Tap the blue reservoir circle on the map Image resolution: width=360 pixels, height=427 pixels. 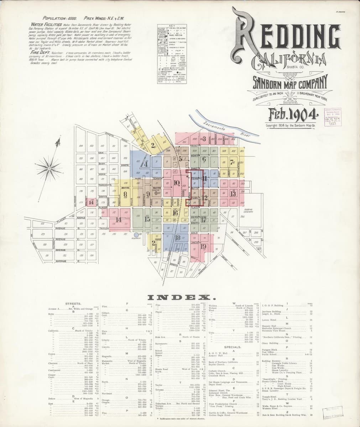click(136, 235)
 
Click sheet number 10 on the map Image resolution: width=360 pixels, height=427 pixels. click(177, 183)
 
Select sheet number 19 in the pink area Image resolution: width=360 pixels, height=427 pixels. click(204, 246)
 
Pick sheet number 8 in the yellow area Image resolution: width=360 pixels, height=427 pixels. click(125, 194)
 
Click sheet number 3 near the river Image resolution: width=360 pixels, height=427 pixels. click(204, 139)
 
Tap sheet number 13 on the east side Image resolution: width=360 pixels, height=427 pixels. click(233, 194)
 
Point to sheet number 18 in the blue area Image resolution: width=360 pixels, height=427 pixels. click(177, 238)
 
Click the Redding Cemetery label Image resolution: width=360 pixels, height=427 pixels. click(248, 211)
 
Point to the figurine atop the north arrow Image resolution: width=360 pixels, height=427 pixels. click(56, 144)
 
